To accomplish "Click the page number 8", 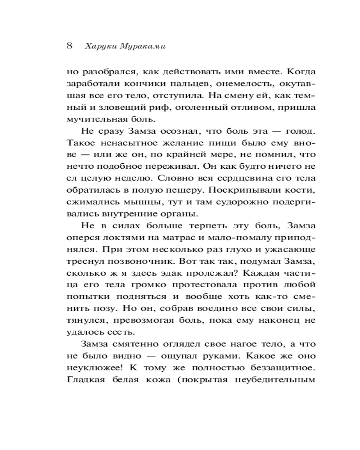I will pos(69,46).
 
